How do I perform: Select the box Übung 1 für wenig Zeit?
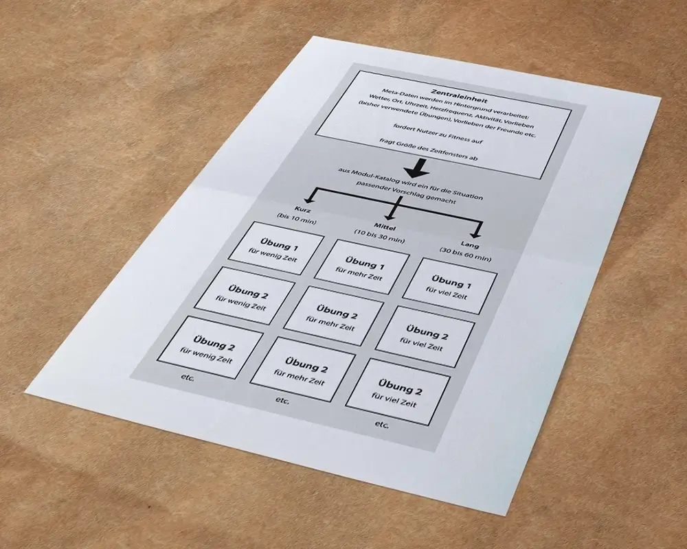(x=276, y=247)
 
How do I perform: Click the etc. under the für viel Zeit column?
(x=382, y=425)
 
